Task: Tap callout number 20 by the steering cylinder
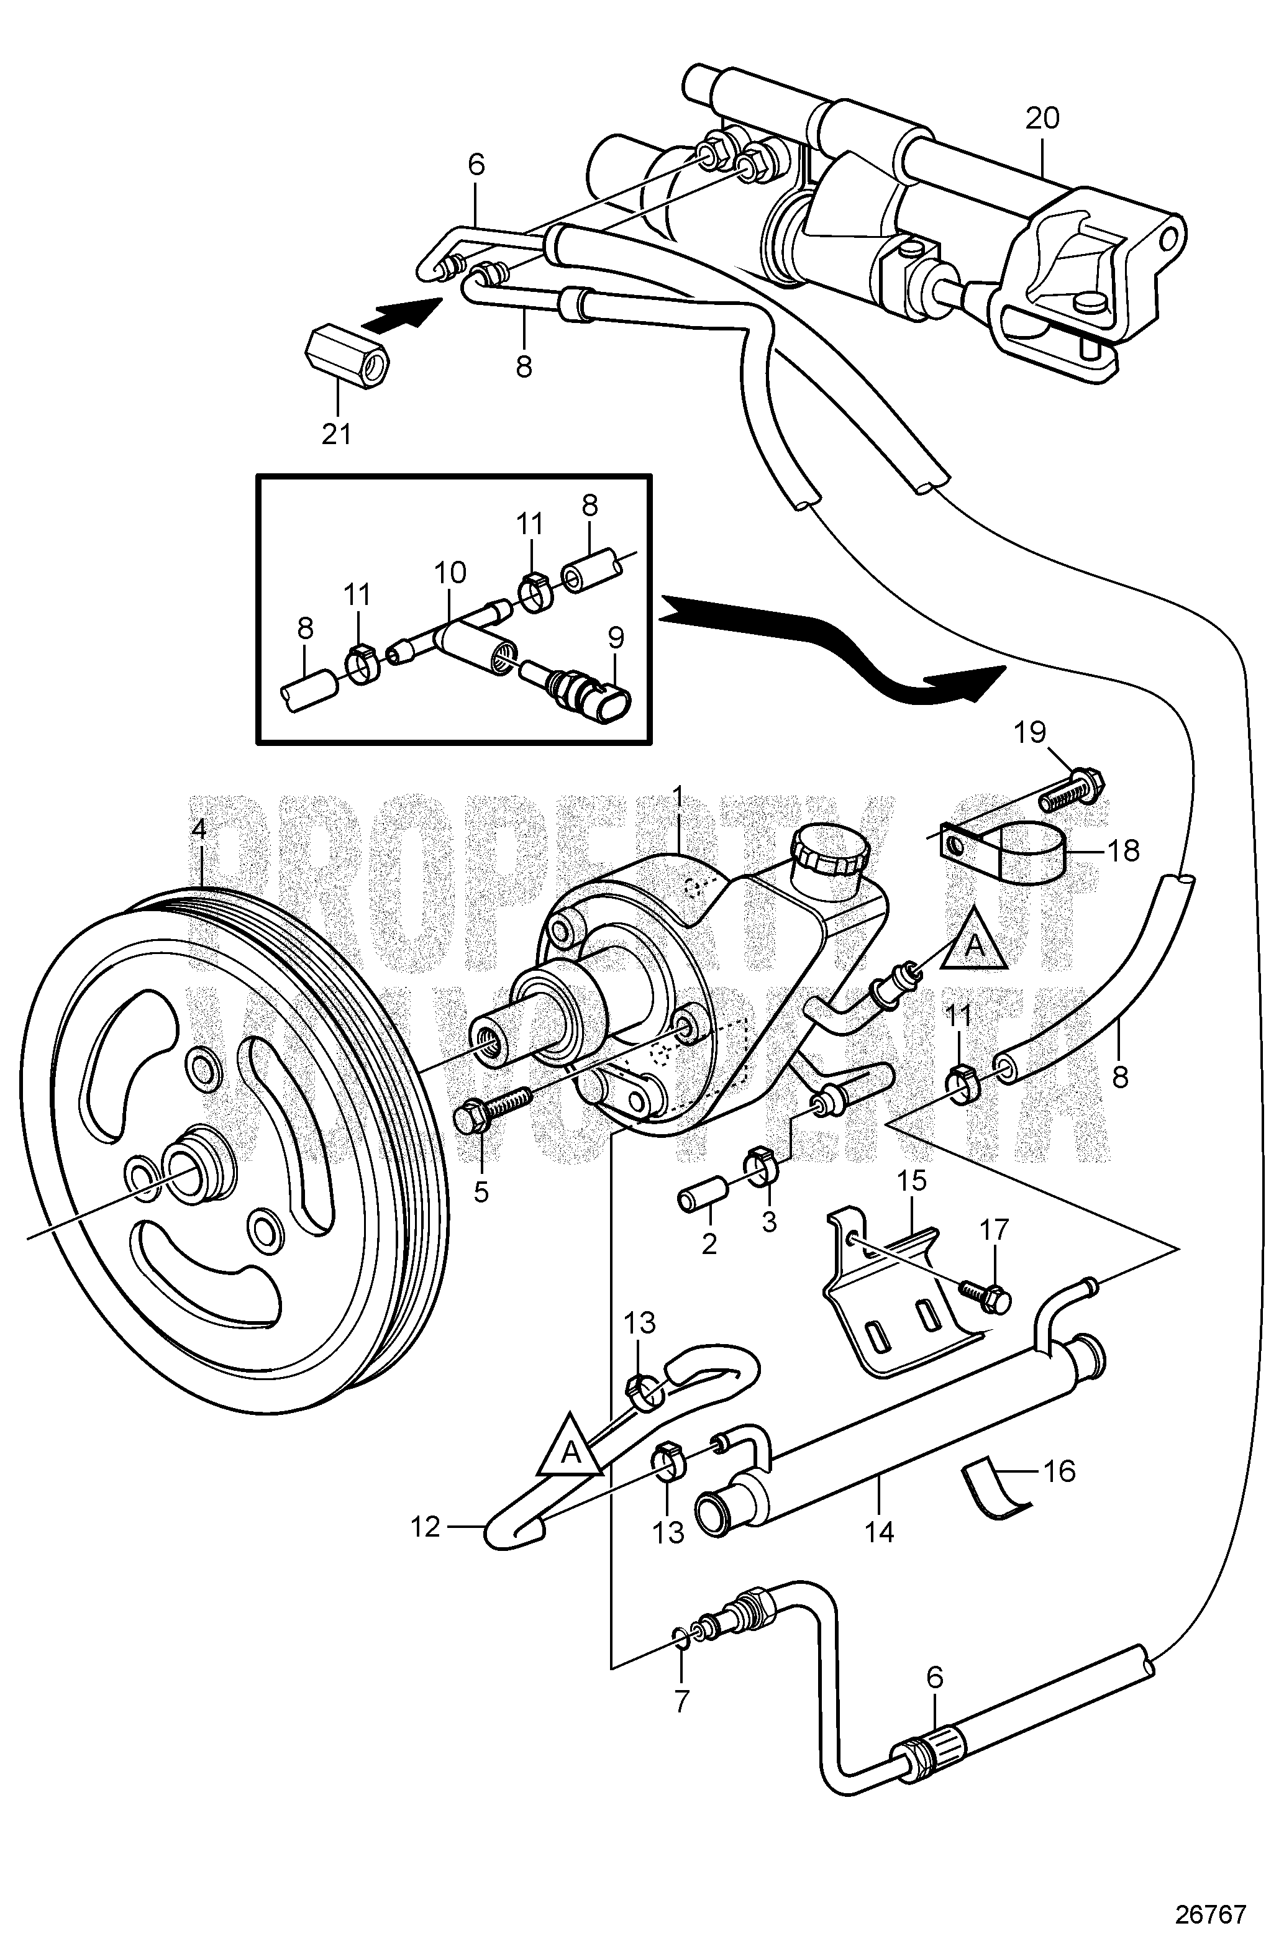[x=1042, y=119]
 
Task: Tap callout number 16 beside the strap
[x=1059, y=1471]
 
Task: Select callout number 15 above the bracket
[x=912, y=1180]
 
